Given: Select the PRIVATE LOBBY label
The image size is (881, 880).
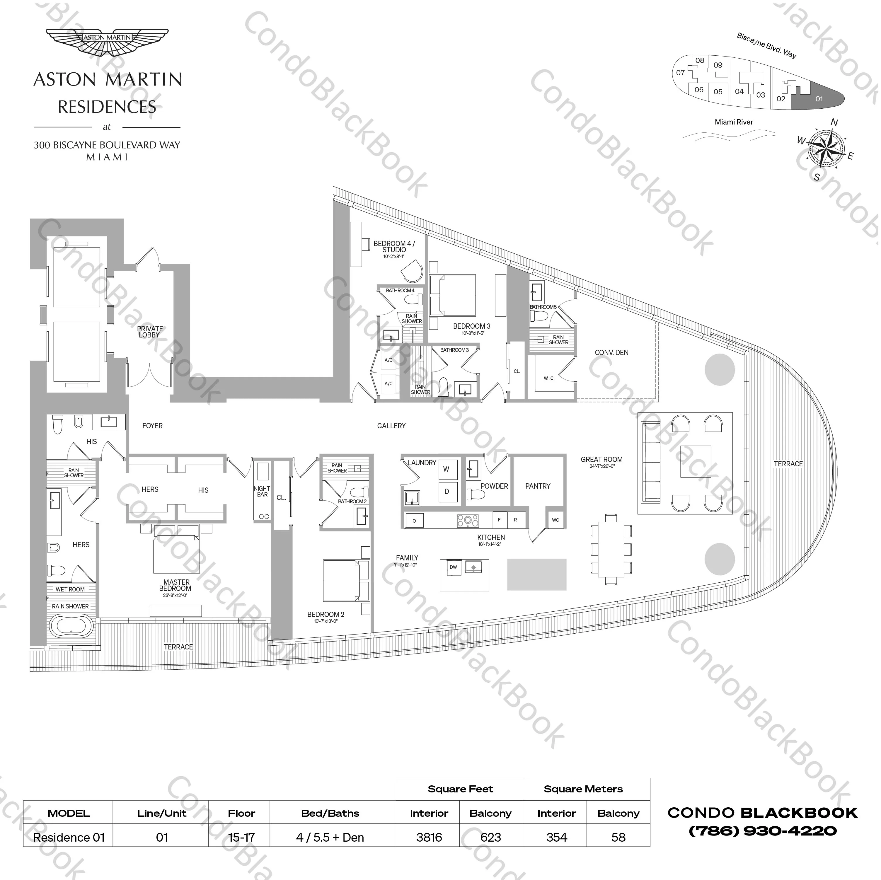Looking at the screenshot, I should tap(150, 332).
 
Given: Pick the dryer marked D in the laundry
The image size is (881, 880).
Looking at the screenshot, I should tap(447, 492).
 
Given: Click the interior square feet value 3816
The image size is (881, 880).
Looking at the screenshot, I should tap(429, 838).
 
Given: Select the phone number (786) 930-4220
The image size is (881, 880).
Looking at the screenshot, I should tap(762, 831).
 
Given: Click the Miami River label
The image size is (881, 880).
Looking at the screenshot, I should tap(734, 122).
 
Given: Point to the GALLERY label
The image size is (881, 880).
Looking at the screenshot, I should tap(391, 426).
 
